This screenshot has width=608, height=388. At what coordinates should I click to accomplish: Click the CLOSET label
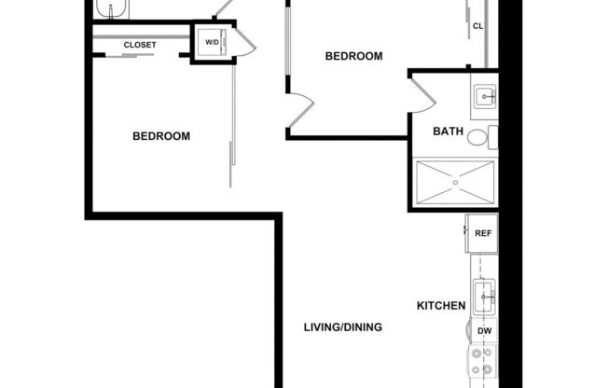(140, 45)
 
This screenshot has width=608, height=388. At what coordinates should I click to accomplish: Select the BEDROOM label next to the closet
(161, 136)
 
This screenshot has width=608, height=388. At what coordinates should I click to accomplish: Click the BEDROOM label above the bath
(353, 56)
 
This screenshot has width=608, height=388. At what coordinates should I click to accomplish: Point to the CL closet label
(478, 26)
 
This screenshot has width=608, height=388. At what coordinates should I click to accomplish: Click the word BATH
(448, 132)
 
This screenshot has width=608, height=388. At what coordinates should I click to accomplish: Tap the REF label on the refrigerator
(482, 233)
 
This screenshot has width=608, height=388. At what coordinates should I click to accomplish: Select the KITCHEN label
(440, 305)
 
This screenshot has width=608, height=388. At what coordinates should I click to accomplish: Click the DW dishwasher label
(484, 331)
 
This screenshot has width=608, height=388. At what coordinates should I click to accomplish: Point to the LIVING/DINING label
(343, 327)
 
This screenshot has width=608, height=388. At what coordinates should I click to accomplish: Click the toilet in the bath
(479, 139)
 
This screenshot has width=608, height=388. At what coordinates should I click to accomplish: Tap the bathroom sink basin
(484, 95)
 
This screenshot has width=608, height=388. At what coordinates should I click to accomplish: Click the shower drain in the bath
(456, 184)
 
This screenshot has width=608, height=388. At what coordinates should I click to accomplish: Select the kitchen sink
(484, 299)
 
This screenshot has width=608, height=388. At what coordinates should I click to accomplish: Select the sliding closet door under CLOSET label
(140, 56)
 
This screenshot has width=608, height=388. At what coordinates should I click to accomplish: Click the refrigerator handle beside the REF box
(467, 229)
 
